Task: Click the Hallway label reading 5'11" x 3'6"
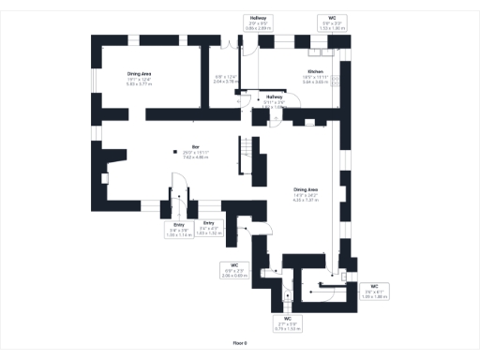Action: click(x=274, y=100)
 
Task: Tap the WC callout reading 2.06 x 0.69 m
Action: click(x=233, y=270)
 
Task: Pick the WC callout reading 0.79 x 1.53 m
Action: click(x=287, y=324)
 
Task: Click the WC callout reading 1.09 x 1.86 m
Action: click(x=373, y=291)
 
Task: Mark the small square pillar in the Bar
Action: click(x=173, y=154)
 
